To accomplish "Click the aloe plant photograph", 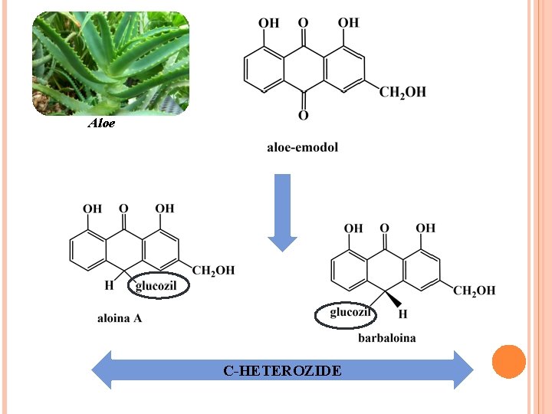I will [110, 64].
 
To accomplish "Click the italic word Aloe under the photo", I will [101, 123].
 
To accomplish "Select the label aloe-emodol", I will [302, 147].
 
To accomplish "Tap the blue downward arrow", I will [283, 212].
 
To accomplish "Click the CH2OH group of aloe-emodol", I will [402, 93].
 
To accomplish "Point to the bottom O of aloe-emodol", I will [303, 116].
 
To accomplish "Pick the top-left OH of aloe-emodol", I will [268, 23].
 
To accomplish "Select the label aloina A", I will [120, 318].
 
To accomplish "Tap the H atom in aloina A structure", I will [108, 285].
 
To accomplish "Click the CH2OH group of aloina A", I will [213, 271].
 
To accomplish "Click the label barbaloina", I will [386, 338].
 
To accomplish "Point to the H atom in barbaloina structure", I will [402, 314].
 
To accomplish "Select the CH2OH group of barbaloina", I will [474, 291].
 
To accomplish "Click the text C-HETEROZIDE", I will [282, 371].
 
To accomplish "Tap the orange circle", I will [508, 362].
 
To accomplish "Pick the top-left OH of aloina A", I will [92, 209].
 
